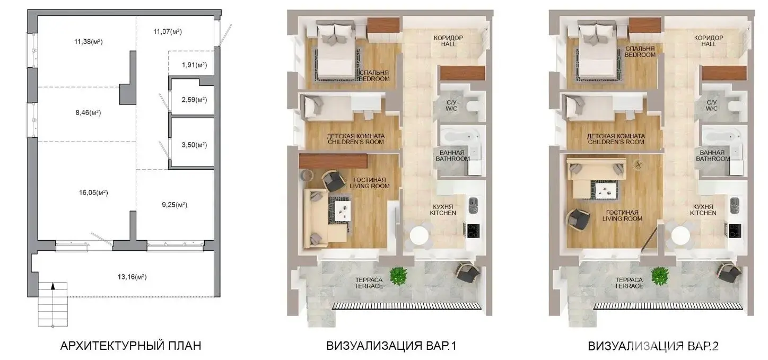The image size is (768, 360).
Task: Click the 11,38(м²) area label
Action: (x=89, y=41)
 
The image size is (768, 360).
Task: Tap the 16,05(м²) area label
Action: (x=93, y=192)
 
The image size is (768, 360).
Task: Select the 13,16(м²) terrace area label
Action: (x=132, y=277)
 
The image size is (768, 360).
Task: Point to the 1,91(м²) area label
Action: (x=195, y=65)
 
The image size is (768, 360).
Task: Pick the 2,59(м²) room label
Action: (x=195, y=100)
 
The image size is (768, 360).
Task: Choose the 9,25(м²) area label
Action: (x=174, y=205)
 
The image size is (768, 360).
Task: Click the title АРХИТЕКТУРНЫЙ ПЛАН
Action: (x=130, y=346)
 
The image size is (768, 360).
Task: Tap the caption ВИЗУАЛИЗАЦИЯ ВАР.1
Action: (x=391, y=346)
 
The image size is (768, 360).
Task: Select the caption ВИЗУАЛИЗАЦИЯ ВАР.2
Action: (x=653, y=346)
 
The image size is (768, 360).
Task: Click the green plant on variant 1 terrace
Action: (x=398, y=276)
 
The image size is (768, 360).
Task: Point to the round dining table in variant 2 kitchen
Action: (x=680, y=236)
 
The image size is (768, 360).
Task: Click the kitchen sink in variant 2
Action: (x=735, y=205)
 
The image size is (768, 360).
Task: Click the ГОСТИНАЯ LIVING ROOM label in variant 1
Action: (x=370, y=183)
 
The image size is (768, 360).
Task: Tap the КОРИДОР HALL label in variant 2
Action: (x=709, y=41)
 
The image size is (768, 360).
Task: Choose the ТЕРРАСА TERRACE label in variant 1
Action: (x=369, y=283)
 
